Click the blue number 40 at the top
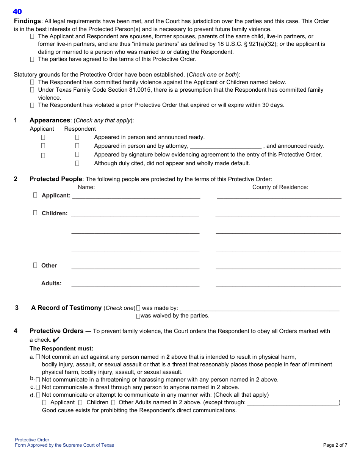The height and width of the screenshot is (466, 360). (x=17, y=12)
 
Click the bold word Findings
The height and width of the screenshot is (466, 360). (x=27, y=21)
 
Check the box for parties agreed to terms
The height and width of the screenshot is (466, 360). (x=32, y=59)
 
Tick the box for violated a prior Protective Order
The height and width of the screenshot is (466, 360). (x=32, y=105)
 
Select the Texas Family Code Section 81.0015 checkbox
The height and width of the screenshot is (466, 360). (x=32, y=90)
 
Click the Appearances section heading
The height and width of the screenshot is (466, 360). (x=50, y=120)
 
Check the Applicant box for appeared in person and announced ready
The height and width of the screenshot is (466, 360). (x=43, y=137)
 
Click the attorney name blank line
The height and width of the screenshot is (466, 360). (x=225, y=146)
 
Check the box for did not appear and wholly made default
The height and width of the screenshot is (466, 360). (x=77, y=163)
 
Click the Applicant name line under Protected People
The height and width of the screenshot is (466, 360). (x=136, y=196)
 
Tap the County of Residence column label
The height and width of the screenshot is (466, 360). (x=280, y=187)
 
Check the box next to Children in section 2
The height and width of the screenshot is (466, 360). (x=35, y=213)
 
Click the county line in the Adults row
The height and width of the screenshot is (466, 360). (x=278, y=284)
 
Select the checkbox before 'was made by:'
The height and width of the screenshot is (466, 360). (x=138, y=308)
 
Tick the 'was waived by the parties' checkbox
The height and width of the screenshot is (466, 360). (x=138, y=316)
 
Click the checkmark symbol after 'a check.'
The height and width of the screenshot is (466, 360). (x=56, y=340)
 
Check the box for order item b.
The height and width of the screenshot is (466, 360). (x=38, y=380)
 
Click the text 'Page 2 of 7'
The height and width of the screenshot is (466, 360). (x=335, y=445)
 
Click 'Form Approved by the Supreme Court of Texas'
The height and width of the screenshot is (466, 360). (x=64, y=445)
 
